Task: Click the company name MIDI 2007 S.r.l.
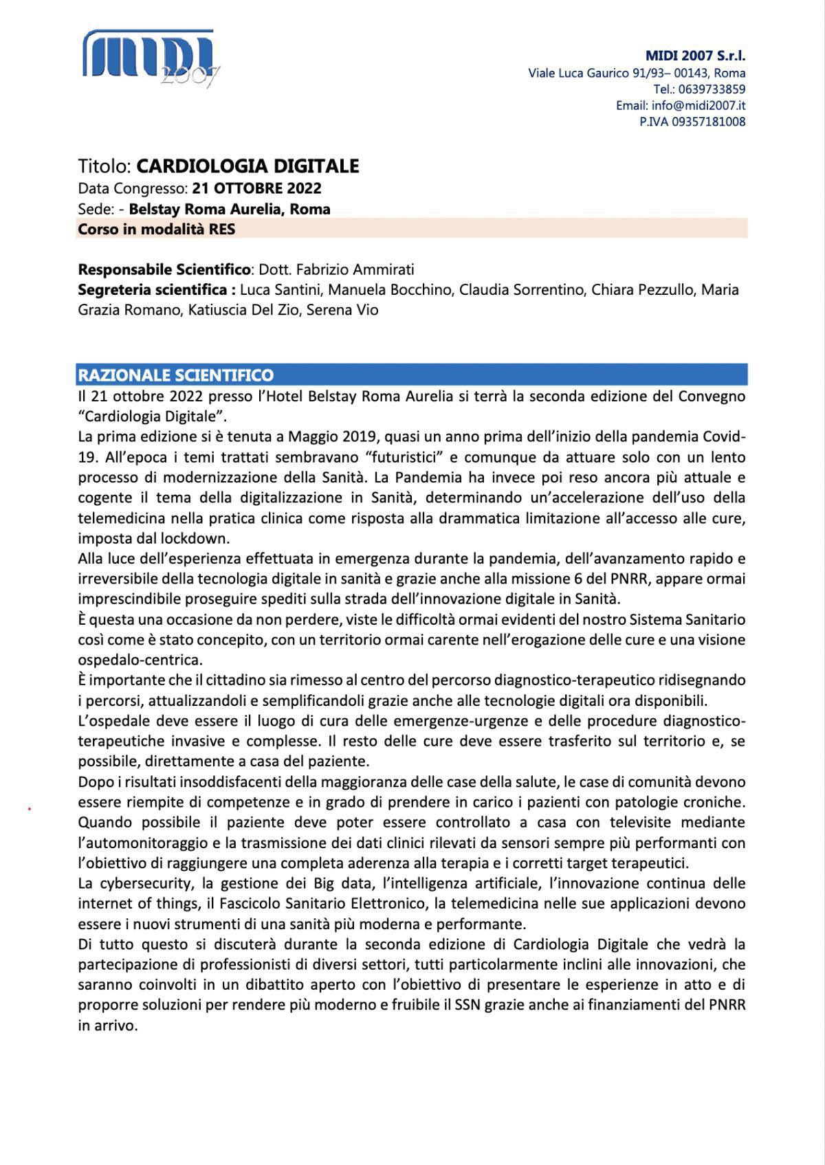click(695, 56)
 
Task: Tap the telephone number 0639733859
click(712, 89)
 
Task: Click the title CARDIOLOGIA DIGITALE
click(247, 166)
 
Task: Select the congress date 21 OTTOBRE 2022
click(256, 188)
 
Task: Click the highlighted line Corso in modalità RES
click(156, 230)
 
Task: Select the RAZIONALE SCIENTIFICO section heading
click(175, 375)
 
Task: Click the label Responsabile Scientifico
click(164, 269)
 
